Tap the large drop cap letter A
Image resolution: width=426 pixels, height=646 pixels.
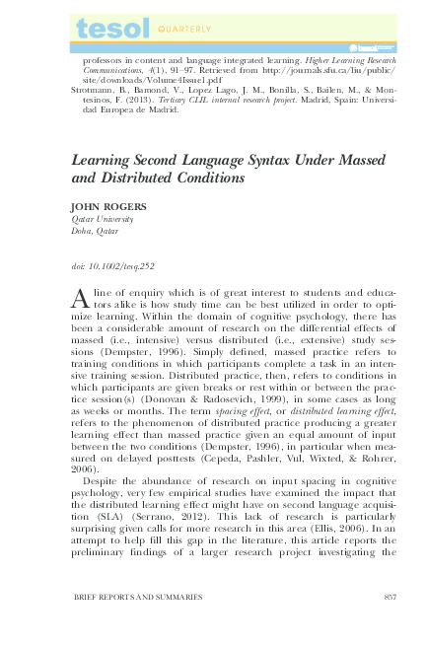point(82,300)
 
